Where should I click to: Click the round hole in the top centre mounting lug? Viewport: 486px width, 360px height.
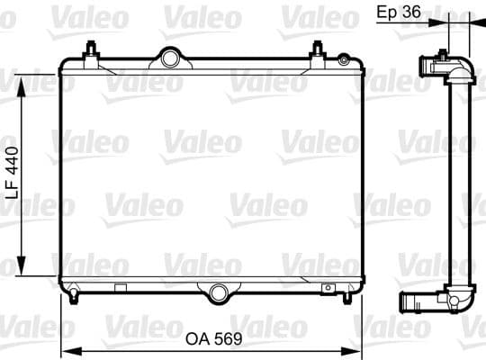(170, 58)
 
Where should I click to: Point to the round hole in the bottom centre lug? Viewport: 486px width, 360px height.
(217, 290)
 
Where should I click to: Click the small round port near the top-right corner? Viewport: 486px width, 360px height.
(343, 59)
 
